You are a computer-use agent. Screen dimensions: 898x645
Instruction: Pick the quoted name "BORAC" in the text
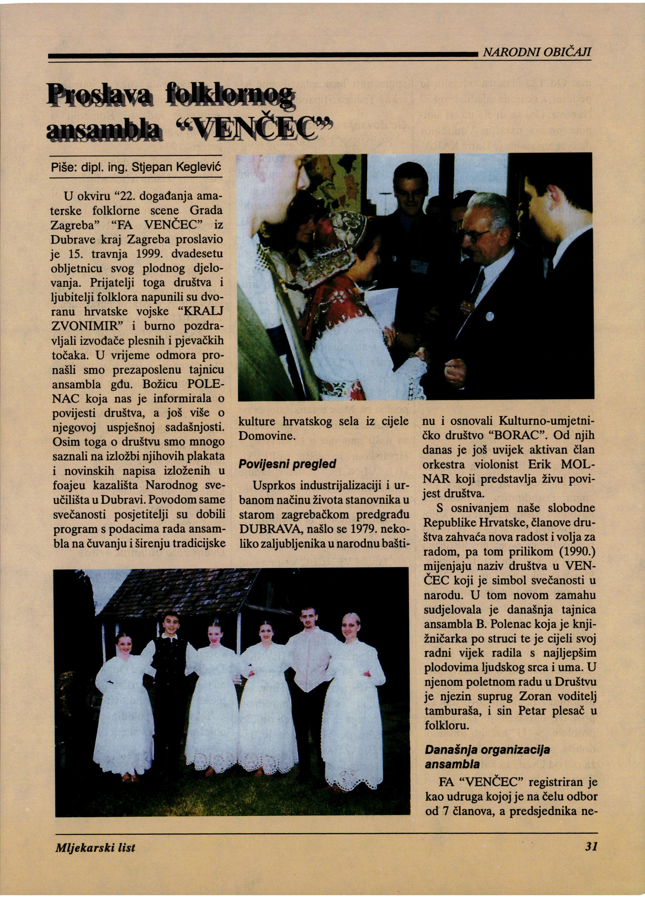[x=518, y=436]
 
